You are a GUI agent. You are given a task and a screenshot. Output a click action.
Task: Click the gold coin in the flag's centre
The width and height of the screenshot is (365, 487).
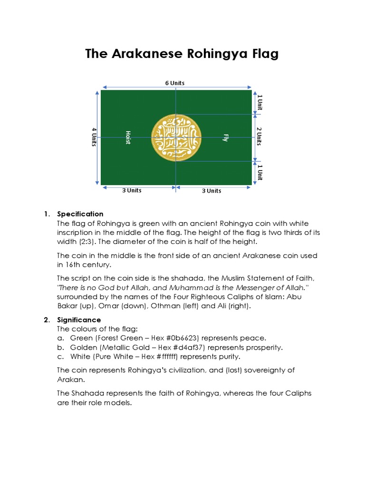click(x=176, y=138)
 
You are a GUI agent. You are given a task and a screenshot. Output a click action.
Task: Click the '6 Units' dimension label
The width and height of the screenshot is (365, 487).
click(x=175, y=83)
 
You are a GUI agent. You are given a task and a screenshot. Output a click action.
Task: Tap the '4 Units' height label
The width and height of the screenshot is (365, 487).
click(x=95, y=137)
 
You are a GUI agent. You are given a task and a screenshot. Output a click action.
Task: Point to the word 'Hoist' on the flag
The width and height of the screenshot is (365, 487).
click(x=128, y=137)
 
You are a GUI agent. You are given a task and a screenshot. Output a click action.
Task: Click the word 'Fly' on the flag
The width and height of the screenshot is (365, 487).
click(x=226, y=138)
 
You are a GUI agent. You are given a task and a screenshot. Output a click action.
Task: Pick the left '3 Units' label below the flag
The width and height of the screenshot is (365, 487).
click(x=132, y=191)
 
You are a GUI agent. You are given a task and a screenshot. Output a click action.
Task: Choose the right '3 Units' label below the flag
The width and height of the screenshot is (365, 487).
click(x=211, y=191)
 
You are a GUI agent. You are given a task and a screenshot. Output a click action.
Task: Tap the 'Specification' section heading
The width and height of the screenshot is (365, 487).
click(x=80, y=214)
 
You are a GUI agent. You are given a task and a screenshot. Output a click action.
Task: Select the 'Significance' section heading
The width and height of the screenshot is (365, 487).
click(x=79, y=320)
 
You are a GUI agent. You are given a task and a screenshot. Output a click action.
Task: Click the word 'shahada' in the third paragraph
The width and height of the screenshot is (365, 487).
click(x=191, y=278)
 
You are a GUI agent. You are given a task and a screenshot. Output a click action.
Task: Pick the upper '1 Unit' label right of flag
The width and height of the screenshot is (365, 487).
click(x=259, y=102)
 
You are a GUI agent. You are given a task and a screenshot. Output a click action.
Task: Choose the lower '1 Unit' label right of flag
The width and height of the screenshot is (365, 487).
click(x=259, y=172)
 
